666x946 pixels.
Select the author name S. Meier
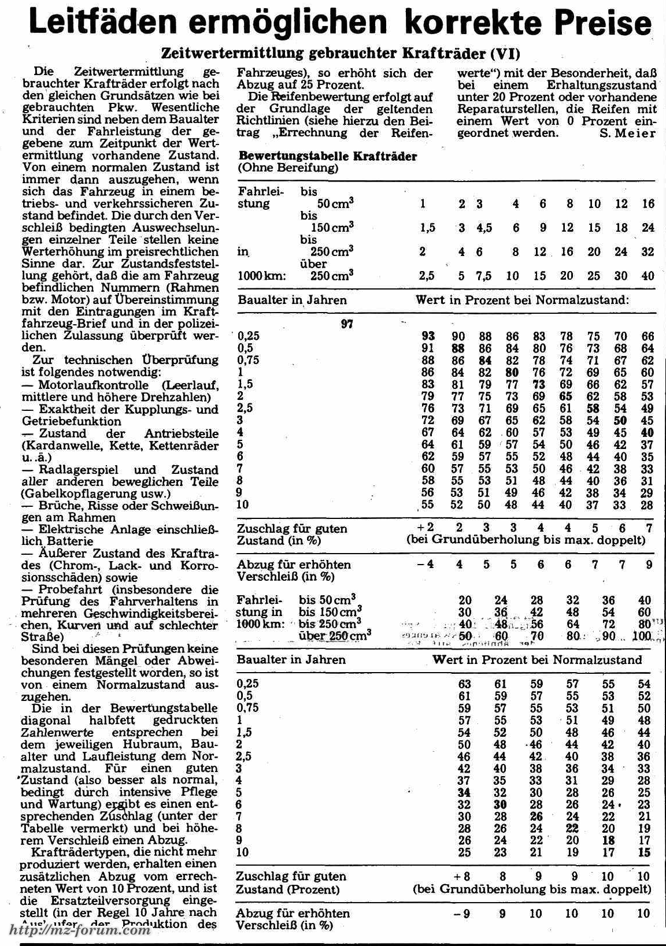pos(627,133)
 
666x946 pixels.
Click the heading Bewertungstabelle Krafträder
pos(327,156)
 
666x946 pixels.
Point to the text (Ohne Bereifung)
pos(288,168)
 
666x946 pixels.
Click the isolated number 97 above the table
pos(347,324)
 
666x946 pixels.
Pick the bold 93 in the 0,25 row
pos(428,336)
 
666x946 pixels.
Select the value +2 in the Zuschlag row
pos(426,528)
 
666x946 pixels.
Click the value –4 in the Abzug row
pos(426,564)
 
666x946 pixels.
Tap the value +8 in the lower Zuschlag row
pos(463,877)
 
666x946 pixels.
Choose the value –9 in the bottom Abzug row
pos(463,914)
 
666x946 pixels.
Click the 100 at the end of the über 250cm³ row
pos(642,636)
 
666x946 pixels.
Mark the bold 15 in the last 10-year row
pos(644,852)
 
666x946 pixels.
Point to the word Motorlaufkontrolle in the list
pos(97,385)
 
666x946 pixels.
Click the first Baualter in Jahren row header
pos(292,300)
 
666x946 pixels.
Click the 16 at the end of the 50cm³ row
pos(648,204)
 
